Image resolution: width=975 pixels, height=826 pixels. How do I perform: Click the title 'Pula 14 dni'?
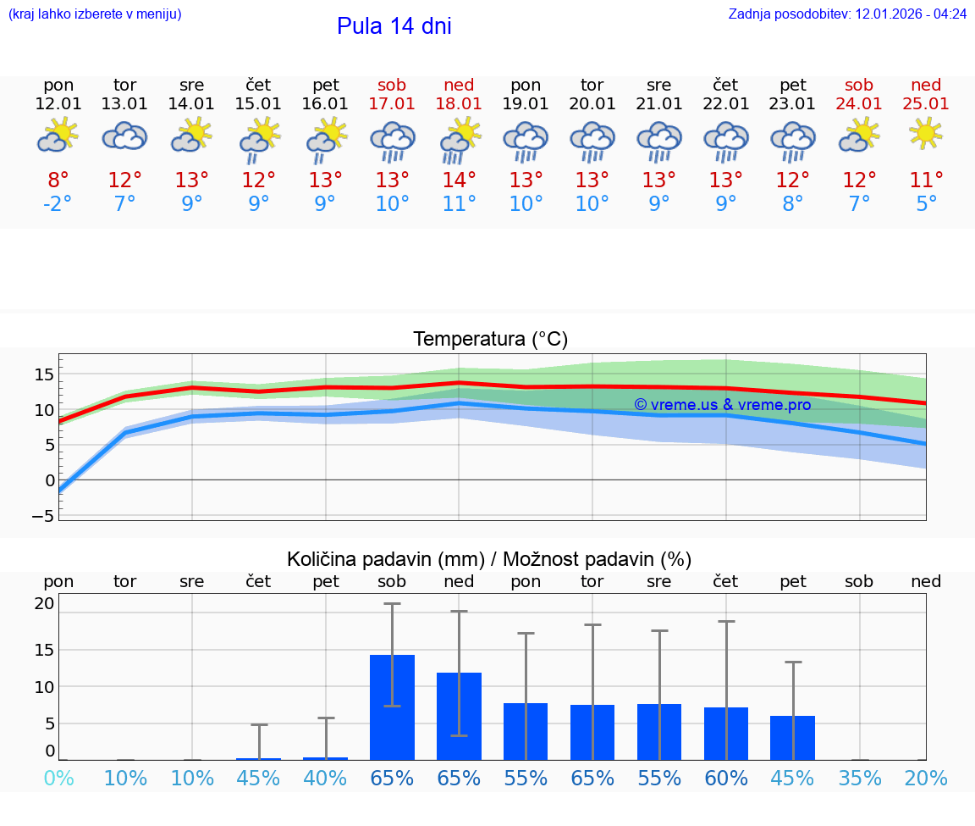(x=394, y=26)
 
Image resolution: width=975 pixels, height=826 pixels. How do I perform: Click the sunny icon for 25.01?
(x=926, y=133)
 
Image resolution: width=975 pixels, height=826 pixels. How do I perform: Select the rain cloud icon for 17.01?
(x=392, y=141)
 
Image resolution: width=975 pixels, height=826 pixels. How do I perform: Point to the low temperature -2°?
(x=58, y=204)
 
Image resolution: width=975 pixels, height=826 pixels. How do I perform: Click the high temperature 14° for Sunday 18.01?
(x=459, y=180)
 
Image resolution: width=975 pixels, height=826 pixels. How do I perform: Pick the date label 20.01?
(x=592, y=104)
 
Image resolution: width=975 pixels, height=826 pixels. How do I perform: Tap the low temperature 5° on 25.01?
(x=926, y=204)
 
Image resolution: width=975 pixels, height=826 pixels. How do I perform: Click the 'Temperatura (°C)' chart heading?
(x=490, y=340)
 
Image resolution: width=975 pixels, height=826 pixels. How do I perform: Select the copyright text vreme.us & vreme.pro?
(x=723, y=405)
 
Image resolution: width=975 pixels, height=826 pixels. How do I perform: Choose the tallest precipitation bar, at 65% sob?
(x=392, y=707)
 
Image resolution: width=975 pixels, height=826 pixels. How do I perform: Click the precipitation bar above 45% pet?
(x=792, y=738)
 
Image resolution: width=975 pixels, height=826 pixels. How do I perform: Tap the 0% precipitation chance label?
(x=58, y=778)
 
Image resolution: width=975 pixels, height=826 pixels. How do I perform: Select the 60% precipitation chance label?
(x=726, y=778)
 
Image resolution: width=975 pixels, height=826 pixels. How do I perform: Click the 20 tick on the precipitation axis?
(x=44, y=603)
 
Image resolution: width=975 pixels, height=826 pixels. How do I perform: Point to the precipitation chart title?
(x=489, y=559)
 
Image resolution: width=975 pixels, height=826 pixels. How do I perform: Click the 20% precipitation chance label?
(x=926, y=778)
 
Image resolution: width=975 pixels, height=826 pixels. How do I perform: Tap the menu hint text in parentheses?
(x=95, y=14)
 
